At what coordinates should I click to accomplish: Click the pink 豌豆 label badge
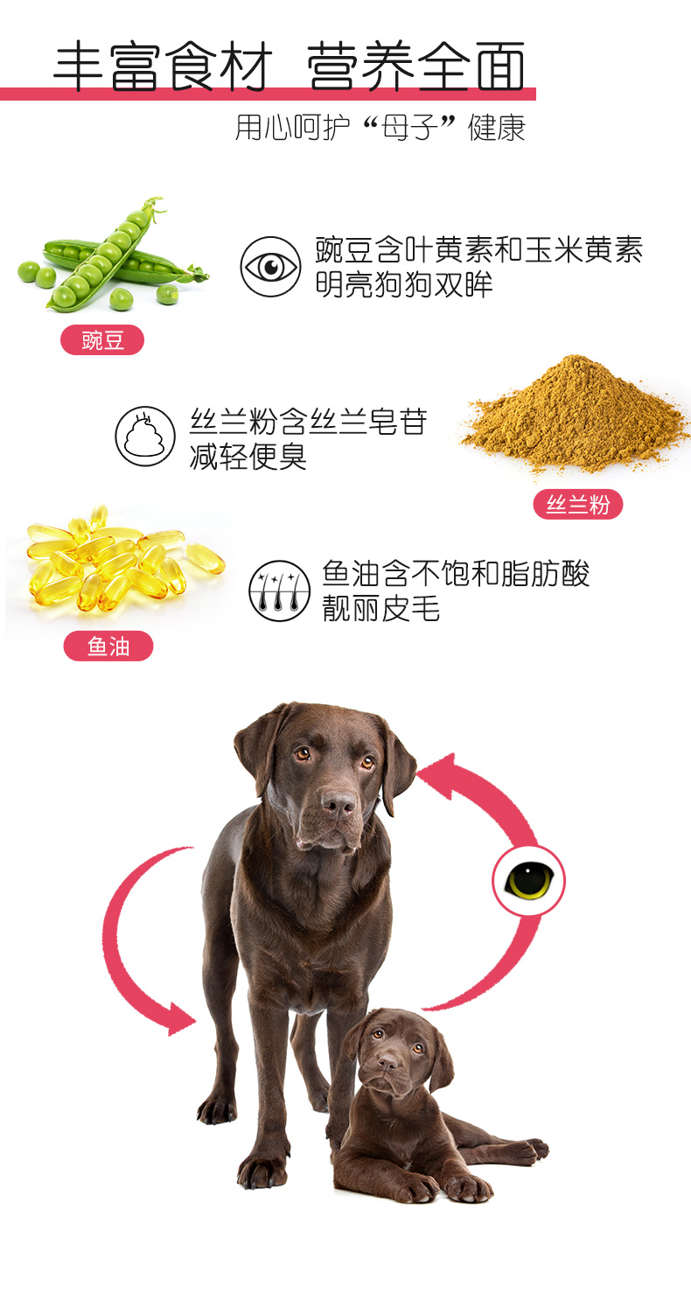(x=102, y=340)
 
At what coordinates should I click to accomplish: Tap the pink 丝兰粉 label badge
(x=578, y=505)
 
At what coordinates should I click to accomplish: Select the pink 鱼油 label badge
(x=108, y=646)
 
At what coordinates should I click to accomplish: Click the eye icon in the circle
(x=270, y=267)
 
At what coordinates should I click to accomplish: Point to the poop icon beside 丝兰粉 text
(x=145, y=436)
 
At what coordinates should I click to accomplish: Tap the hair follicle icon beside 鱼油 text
(x=279, y=591)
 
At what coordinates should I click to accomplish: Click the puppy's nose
(x=388, y=1061)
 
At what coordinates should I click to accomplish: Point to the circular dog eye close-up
(x=528, y=881)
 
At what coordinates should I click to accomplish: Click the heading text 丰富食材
(x=163, y=66)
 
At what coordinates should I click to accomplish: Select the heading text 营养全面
(x=415, y=66)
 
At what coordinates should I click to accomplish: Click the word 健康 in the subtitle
(x=497, y=128)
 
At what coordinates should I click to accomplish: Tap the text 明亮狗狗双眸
(x=403, y=284)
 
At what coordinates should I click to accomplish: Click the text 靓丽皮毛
(x=381, y=608)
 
